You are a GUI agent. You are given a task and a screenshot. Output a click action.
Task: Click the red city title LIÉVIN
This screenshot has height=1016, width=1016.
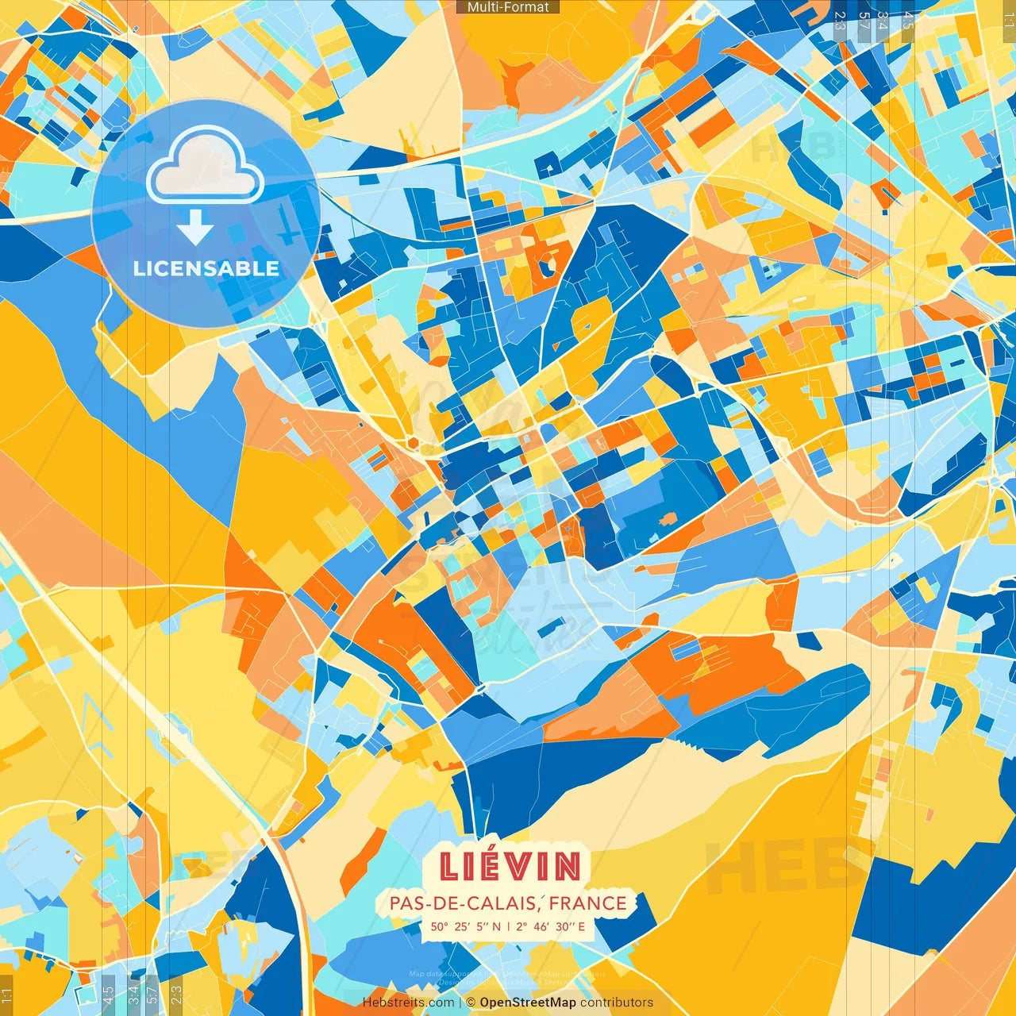click(510, 867)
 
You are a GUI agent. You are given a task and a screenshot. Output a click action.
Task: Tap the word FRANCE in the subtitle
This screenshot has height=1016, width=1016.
click(588, 903)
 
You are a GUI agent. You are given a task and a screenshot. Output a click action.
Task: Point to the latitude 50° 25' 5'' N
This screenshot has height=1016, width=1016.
click(466, 926)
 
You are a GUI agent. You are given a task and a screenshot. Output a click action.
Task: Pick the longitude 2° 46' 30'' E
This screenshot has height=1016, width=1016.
click(550, 926)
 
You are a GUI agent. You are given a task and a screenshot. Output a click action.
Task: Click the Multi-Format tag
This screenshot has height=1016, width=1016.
click(508, 7)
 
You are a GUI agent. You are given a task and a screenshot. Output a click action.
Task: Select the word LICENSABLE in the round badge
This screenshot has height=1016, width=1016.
click(206, 268)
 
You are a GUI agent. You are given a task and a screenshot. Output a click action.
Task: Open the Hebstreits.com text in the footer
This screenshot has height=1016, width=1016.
click(409, 1003)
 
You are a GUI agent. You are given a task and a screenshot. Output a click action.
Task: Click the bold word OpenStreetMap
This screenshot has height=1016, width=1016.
click(528, 1003)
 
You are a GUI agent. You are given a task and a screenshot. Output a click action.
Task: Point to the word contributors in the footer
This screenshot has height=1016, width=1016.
click(617, 1003)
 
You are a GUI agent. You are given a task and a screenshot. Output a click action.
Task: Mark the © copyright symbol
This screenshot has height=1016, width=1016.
click(470, 1003)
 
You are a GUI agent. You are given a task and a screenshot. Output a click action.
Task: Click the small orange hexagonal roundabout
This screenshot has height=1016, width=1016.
click(413, 441)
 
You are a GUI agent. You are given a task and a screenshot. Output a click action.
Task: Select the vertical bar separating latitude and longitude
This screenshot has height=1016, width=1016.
click(509, 926)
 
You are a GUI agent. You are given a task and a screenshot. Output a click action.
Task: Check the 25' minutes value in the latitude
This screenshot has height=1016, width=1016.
click(462, 926)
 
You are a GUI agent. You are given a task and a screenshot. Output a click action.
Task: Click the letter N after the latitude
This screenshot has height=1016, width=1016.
click(497, 926)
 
